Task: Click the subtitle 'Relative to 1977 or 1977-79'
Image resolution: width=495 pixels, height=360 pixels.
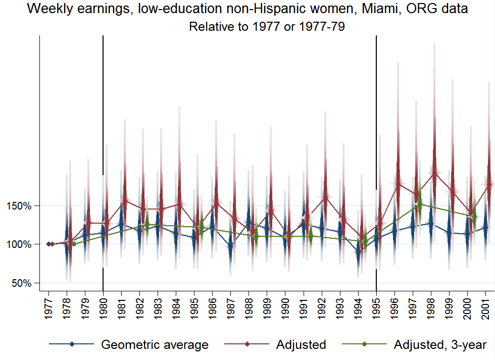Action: tap(267, 27)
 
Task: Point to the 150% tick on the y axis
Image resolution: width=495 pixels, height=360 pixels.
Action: tap(20, 206)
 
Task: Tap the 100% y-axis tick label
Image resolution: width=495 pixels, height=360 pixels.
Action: tap(20, 244)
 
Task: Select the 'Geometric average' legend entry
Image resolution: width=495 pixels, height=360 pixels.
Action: tap(155, 345)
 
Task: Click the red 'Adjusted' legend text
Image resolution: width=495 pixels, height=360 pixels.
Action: tap(301, 345)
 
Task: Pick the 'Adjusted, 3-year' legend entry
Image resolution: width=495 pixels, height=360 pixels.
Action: tap(439, 345)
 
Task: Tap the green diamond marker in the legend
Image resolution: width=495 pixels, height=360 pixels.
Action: tap(364, 345)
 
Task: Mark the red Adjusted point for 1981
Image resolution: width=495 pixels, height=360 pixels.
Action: tap(122, 200)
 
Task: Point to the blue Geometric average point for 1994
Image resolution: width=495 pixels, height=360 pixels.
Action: tap(359, 252)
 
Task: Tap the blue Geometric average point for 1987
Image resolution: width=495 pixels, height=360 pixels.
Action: tap(231, 246)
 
